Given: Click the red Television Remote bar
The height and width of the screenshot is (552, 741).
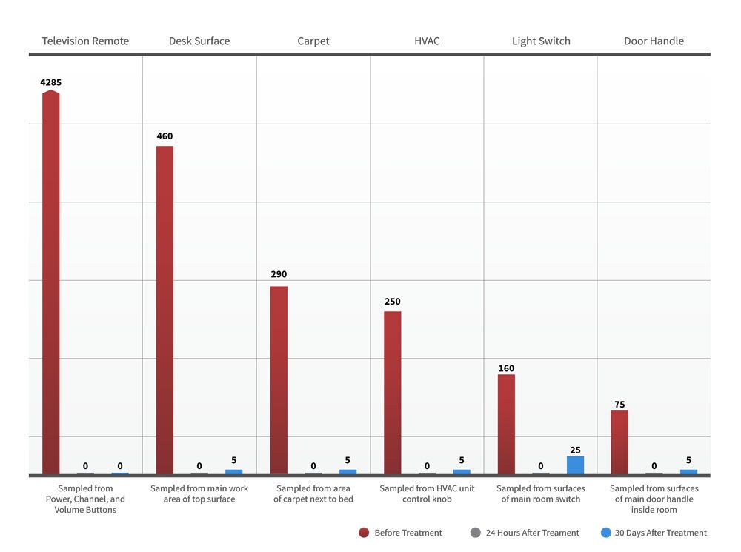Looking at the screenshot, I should pyautogui.click(x=51, y=282).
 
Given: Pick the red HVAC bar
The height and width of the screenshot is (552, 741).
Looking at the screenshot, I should pyautogui.click(x=393, y=393).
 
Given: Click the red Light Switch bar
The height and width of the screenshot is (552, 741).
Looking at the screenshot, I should pyautogui.click(x=506, y=424).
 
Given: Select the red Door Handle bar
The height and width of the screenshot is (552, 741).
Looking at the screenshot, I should pyautogui.click(x=619, y=442).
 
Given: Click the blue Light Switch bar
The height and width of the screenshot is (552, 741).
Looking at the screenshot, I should pyautogui.click(x=575, y=465).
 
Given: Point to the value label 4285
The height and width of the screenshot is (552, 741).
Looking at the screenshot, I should pyautogui.click(x=51, y=82).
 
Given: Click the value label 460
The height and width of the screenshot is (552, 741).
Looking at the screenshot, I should pyautogui.click(x=165, y=136).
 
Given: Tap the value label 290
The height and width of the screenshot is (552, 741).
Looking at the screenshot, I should pyautogui.click(x=279, y=274).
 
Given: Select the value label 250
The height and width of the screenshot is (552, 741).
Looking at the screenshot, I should pyautogui.click(x=393, y=302).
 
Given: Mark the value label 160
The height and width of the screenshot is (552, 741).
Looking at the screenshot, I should pyautogui.click(x=506, y=368).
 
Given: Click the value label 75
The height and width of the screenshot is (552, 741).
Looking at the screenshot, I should pyautogui.click(x=619, y=405).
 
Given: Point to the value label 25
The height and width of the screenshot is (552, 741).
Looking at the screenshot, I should pyautogui.click(x=575, y=450).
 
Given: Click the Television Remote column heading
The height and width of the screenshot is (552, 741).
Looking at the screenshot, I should pyautogui.click(x=85, y=41).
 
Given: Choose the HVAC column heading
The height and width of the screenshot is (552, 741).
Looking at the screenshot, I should pyautogui.click(x=427, y=41).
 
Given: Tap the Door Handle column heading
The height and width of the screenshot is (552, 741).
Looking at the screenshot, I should pyautogui.click(x=654, y=41).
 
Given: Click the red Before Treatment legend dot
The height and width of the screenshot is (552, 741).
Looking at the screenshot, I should pyautogui.click(x=364, y=532).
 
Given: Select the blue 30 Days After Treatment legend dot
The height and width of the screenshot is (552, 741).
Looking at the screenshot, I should pyautogui.click(x=605, y=532).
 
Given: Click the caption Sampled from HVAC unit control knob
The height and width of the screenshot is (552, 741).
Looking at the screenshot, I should pyautogui.click(x=427, y=493).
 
